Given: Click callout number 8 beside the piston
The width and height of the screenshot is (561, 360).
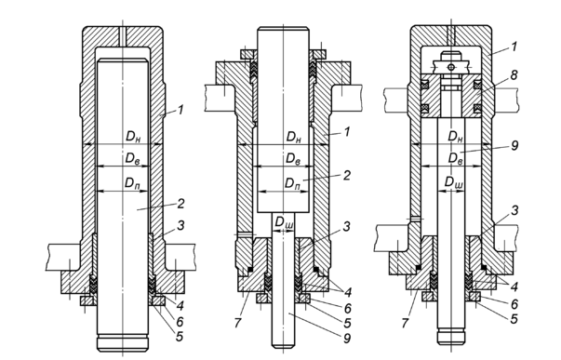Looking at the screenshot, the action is (514, 75).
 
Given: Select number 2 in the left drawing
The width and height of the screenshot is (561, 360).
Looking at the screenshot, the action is (180, 204).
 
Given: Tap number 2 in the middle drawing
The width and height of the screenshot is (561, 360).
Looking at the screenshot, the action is (347, 175).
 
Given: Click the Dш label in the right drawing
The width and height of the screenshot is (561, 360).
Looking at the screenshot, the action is (454, 182).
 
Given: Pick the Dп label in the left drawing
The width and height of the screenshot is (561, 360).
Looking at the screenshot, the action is (132, 183).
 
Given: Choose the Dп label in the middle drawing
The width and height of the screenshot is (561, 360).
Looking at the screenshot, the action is (292, 183).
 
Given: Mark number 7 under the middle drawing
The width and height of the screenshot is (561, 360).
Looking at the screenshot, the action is (238, 323).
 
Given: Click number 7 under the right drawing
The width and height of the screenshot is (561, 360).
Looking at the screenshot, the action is (405, 323).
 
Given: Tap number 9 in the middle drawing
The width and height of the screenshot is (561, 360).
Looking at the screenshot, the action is (347, 338).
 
